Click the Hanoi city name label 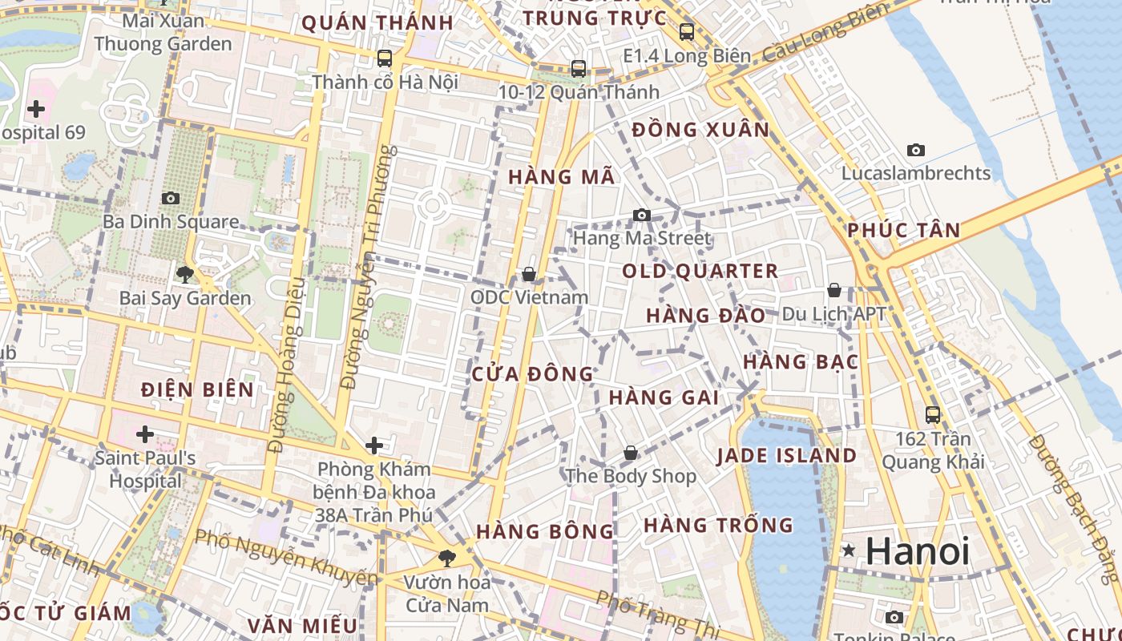(918, 551)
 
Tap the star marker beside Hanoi (849, 550)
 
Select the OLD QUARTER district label (700, 271)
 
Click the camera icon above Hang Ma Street (641, 215)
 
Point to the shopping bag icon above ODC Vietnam (529, 274)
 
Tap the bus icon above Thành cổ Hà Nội (385, 58)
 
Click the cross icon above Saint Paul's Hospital (145, 434)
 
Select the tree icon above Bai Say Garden (185, 275)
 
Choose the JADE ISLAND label (786, 456)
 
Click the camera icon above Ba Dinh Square (171, 198)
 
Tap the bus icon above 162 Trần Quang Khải (933, 415)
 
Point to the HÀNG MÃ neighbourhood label (562, 177)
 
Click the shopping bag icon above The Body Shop (631, 453)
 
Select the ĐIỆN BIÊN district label (197, 390)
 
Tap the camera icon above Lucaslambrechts (915, 150)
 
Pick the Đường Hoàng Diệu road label (288, 365)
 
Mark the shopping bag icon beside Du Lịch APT (834, 290)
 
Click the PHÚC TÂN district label (903, 231)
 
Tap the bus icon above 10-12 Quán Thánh (579, 69)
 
